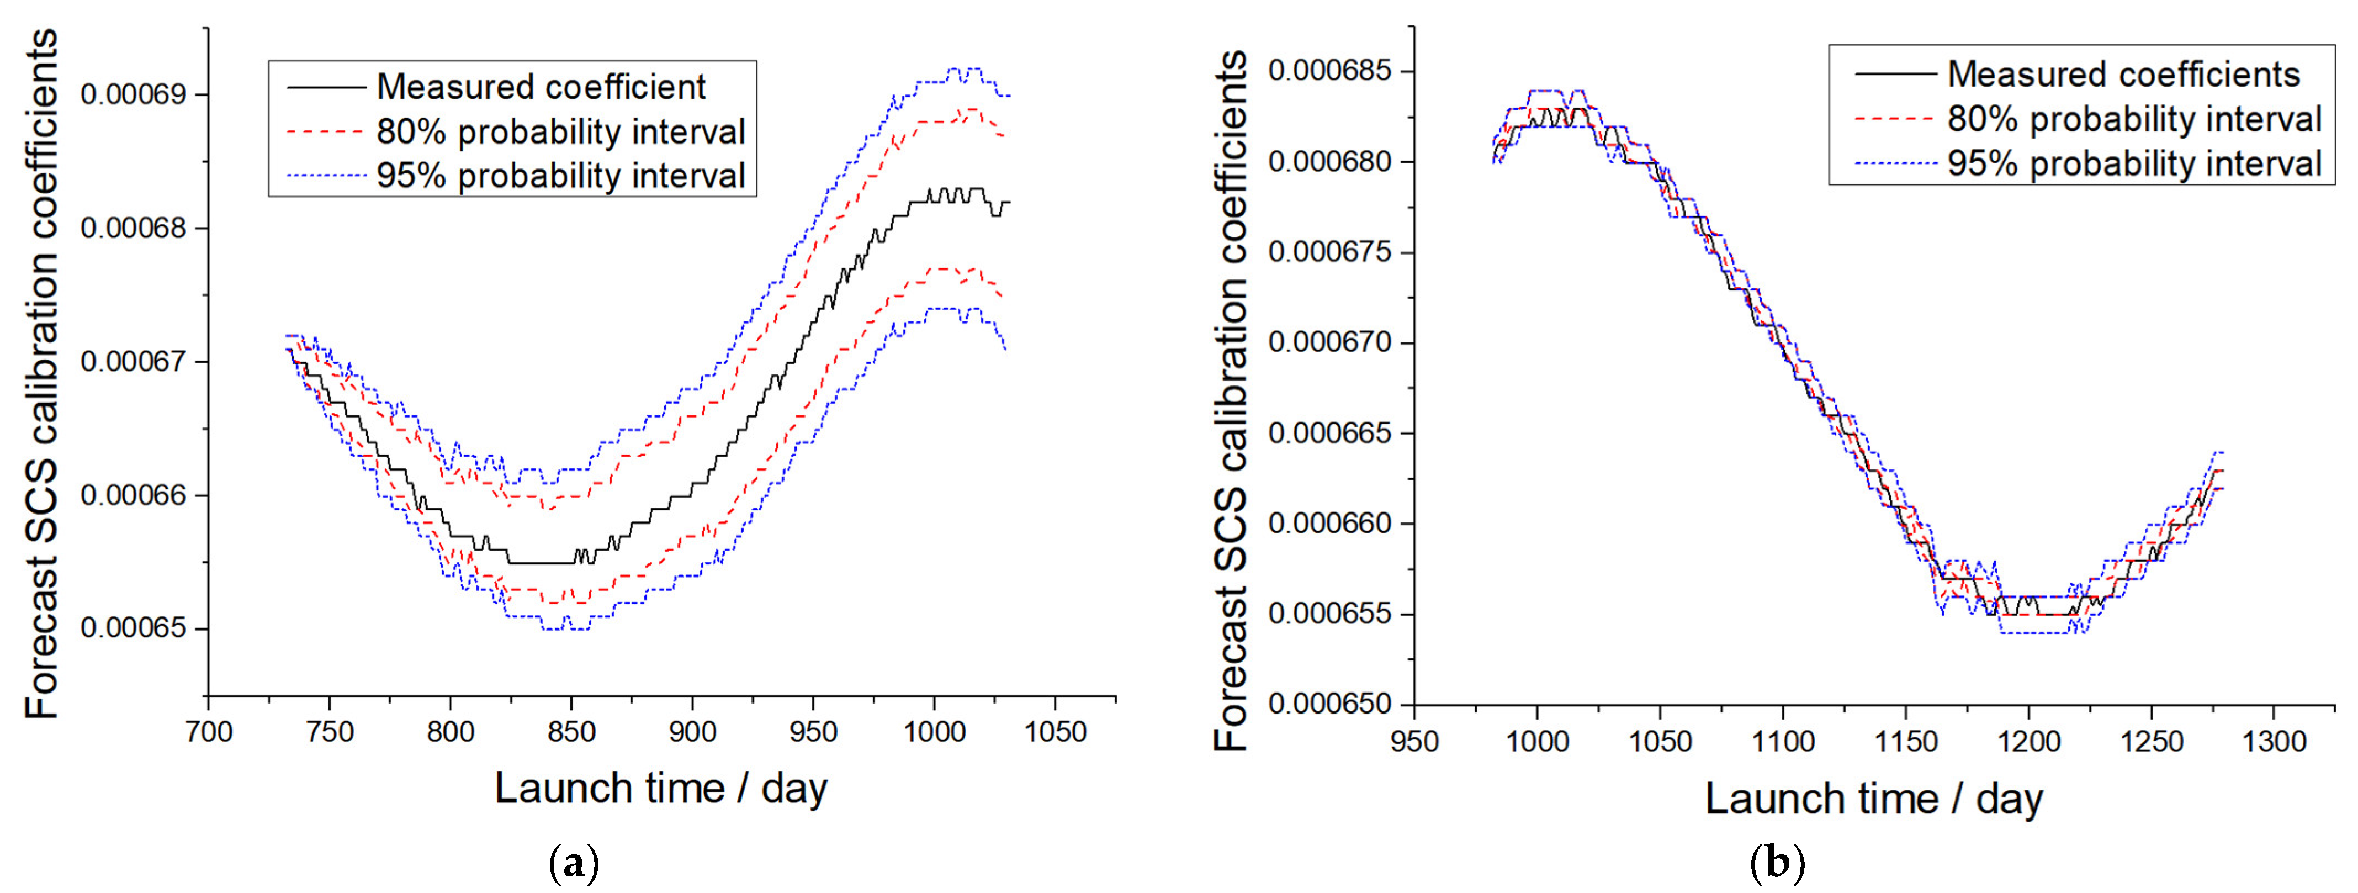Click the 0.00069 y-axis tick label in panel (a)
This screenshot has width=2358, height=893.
(x=133, y=94)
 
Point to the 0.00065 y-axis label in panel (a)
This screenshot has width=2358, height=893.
(x=133, y=628)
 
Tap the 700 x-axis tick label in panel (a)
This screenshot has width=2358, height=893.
(x=209, y=732)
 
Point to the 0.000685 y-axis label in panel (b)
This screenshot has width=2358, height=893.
(x=1329, y=71)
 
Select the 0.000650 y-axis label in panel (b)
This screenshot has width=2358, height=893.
(x=1329, y=704)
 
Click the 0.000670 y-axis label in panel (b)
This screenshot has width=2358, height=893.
(x=1329, y=342)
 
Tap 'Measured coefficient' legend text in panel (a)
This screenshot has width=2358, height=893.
(x=541, y=87)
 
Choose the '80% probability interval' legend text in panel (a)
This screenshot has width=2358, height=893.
(x=561, y=132)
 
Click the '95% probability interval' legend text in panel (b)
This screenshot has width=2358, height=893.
(x=2134, y=164)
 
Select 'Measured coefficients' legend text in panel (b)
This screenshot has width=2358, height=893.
(x=2124, y=74)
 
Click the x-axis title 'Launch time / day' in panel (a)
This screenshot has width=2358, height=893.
(x=661, y=788)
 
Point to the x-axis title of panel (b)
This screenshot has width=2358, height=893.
(x=1874, y=798)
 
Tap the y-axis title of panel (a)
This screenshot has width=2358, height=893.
(x=41, y=374)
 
